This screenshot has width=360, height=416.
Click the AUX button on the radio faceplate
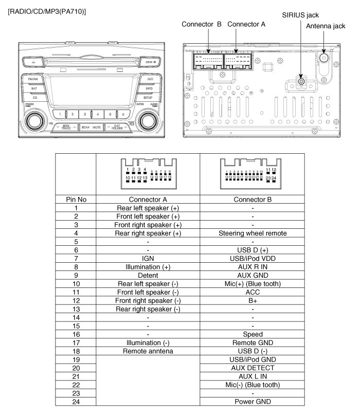click(x=150, y=79)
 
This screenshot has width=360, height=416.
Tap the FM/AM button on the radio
click(x=33, y=79)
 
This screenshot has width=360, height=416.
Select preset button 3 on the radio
click(x=85, y=114)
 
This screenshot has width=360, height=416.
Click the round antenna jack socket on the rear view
click(x=325, y=58)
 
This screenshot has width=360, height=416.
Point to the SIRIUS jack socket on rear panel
click(x=300, y=81)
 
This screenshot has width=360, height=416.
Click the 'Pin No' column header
click(x=76, y=199)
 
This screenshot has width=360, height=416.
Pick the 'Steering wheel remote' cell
click(x=253, y=233)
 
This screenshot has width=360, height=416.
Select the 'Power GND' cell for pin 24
click(x=253, y=401)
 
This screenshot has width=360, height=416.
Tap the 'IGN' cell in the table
click(x=148, y=258)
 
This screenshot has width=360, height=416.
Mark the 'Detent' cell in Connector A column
click(x=148, y=275)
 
